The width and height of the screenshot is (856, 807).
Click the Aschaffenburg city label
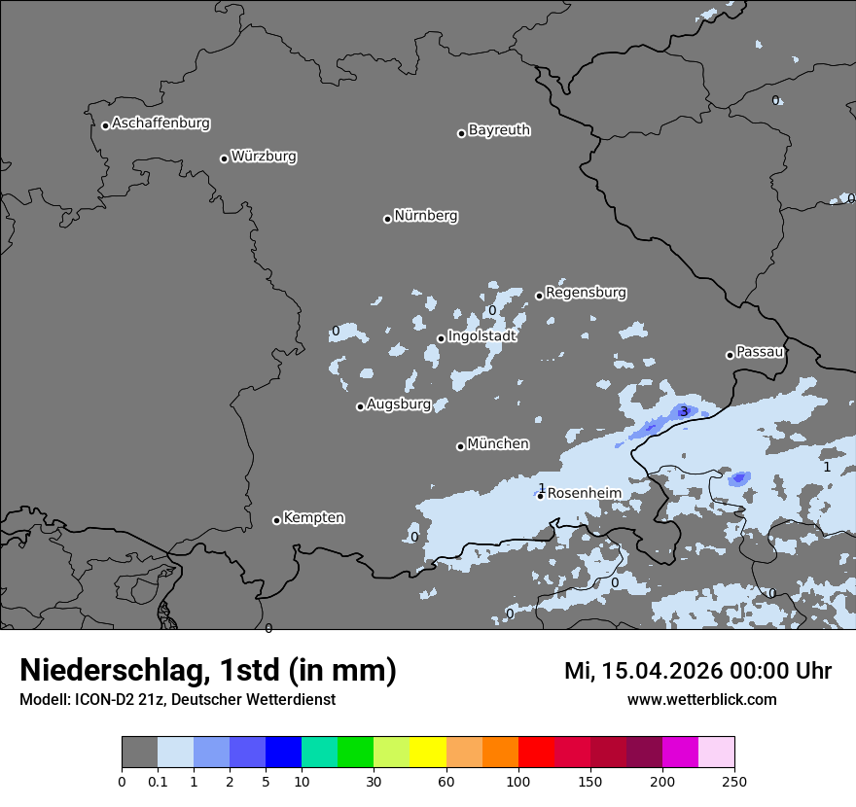coord(160,123)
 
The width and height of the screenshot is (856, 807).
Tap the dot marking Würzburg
coord(224,158)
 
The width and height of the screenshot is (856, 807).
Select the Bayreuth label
coord(499,129)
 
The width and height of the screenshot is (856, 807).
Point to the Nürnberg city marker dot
coord(387,219)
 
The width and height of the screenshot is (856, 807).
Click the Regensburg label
coord(586,292)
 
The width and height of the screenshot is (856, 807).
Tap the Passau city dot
coord(730,355)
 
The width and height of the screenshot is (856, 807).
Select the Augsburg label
coord(399,404)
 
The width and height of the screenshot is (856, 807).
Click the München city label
coord(498,443)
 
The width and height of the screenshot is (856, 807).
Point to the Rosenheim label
coord(584,493)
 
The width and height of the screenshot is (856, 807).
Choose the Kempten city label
coord(313,517)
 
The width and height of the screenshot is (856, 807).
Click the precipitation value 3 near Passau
coord(684,411)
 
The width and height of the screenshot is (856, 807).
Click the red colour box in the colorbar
coord(536,753)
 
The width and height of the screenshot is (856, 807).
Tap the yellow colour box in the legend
coord(428,753)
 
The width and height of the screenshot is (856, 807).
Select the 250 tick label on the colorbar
coord(734,781)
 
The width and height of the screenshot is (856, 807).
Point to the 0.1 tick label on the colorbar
coord(158,781)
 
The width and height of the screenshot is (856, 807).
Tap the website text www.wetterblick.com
coord(701,699)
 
